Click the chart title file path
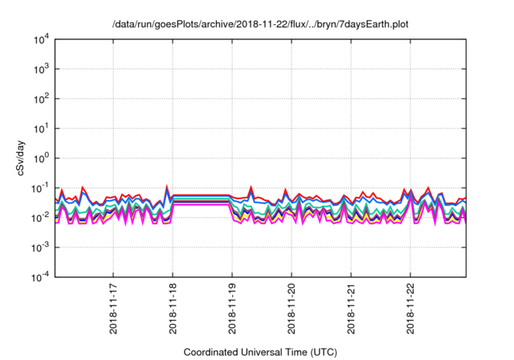260,24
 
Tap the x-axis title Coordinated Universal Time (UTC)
260,352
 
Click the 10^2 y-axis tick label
43,98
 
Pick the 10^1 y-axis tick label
43,128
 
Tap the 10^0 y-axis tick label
43,157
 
